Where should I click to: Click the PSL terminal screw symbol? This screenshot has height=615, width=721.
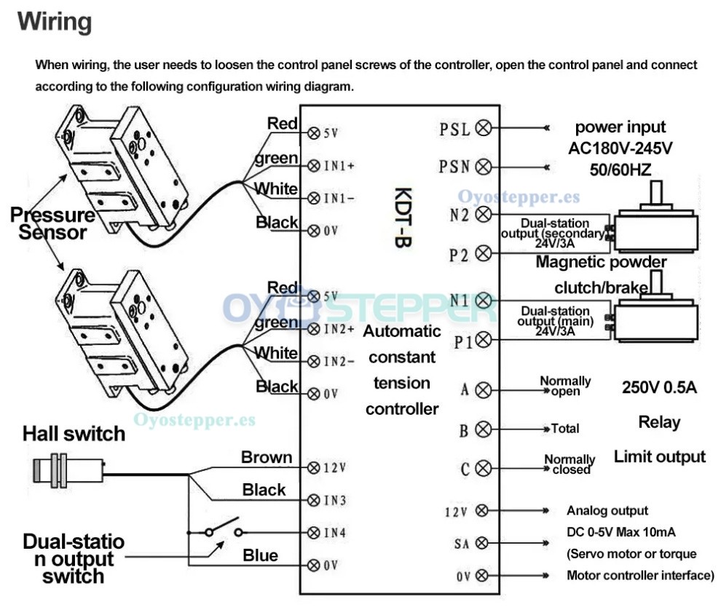coord(482,129)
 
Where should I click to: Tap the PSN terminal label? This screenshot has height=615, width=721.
coord(454,167)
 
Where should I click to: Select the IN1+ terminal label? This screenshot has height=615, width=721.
coord(339,165)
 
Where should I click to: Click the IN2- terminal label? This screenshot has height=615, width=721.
coord(339,362)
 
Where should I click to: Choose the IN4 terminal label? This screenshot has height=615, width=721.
coord(334,532)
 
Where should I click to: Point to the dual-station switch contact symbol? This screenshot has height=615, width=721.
coord(222,528)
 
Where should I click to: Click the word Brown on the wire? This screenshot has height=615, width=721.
coord(267,458)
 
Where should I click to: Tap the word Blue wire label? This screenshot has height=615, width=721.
coord(260,556)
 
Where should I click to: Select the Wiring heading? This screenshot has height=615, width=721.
coord(55,22)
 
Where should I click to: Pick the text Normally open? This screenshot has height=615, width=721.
coord(565,386)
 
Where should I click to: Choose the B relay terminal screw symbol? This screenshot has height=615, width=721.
coord(482,429)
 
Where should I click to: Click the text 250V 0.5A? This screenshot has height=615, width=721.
coord(659,387)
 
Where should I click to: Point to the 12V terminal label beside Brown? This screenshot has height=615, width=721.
coord(335,467)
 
